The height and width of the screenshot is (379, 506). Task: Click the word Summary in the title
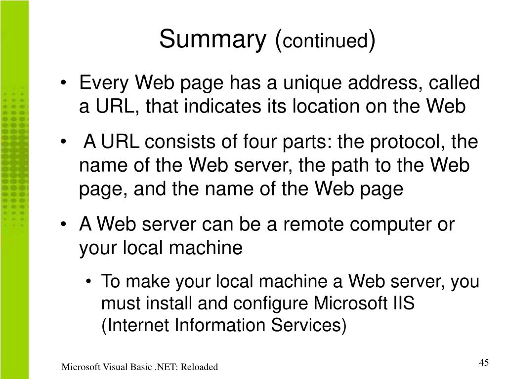(212, 40)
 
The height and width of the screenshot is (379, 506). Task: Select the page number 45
(484, 363)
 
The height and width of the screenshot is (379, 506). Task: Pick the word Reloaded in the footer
(198, 367)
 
